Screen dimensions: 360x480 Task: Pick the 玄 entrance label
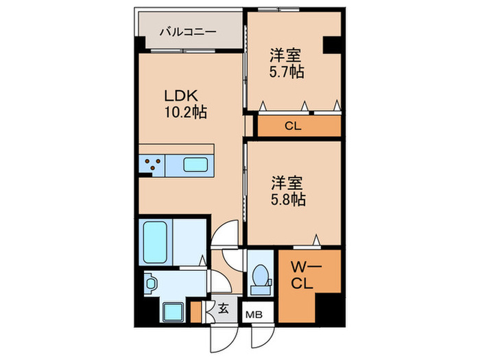click(x=224, y=309)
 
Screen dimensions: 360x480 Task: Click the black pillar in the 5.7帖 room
click(x=333, y=45)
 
